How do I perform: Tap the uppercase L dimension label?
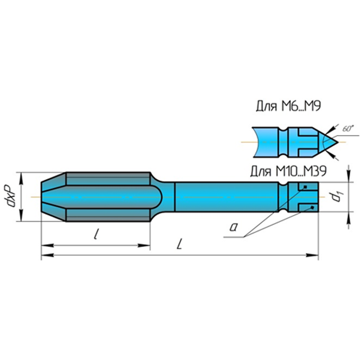point(179,244)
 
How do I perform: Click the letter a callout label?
point(234,227)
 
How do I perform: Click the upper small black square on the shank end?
point(305,187)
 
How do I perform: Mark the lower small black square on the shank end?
point(312,207)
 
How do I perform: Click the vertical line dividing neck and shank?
point(175,197)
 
